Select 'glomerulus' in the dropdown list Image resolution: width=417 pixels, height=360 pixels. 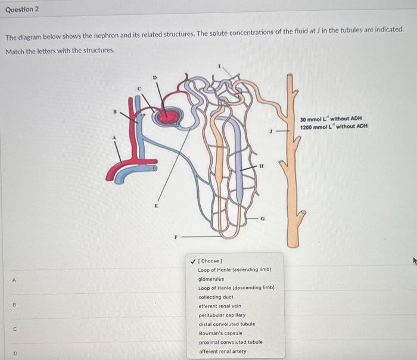click(211, 279)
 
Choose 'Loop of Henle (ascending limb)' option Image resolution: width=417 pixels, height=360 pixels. click(235, 270)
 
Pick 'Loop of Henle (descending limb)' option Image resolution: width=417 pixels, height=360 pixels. click(236, 288)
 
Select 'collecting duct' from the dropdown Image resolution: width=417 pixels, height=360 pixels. click(216, 297)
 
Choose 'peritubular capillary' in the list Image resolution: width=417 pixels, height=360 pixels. click(222, 315)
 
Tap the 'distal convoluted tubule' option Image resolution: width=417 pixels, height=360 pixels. click(226, 324)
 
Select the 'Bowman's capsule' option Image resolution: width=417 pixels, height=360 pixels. click(220, 333)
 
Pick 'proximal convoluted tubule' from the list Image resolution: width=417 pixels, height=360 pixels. click(230, 342)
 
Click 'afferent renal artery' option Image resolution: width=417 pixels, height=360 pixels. click(222, 351)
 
